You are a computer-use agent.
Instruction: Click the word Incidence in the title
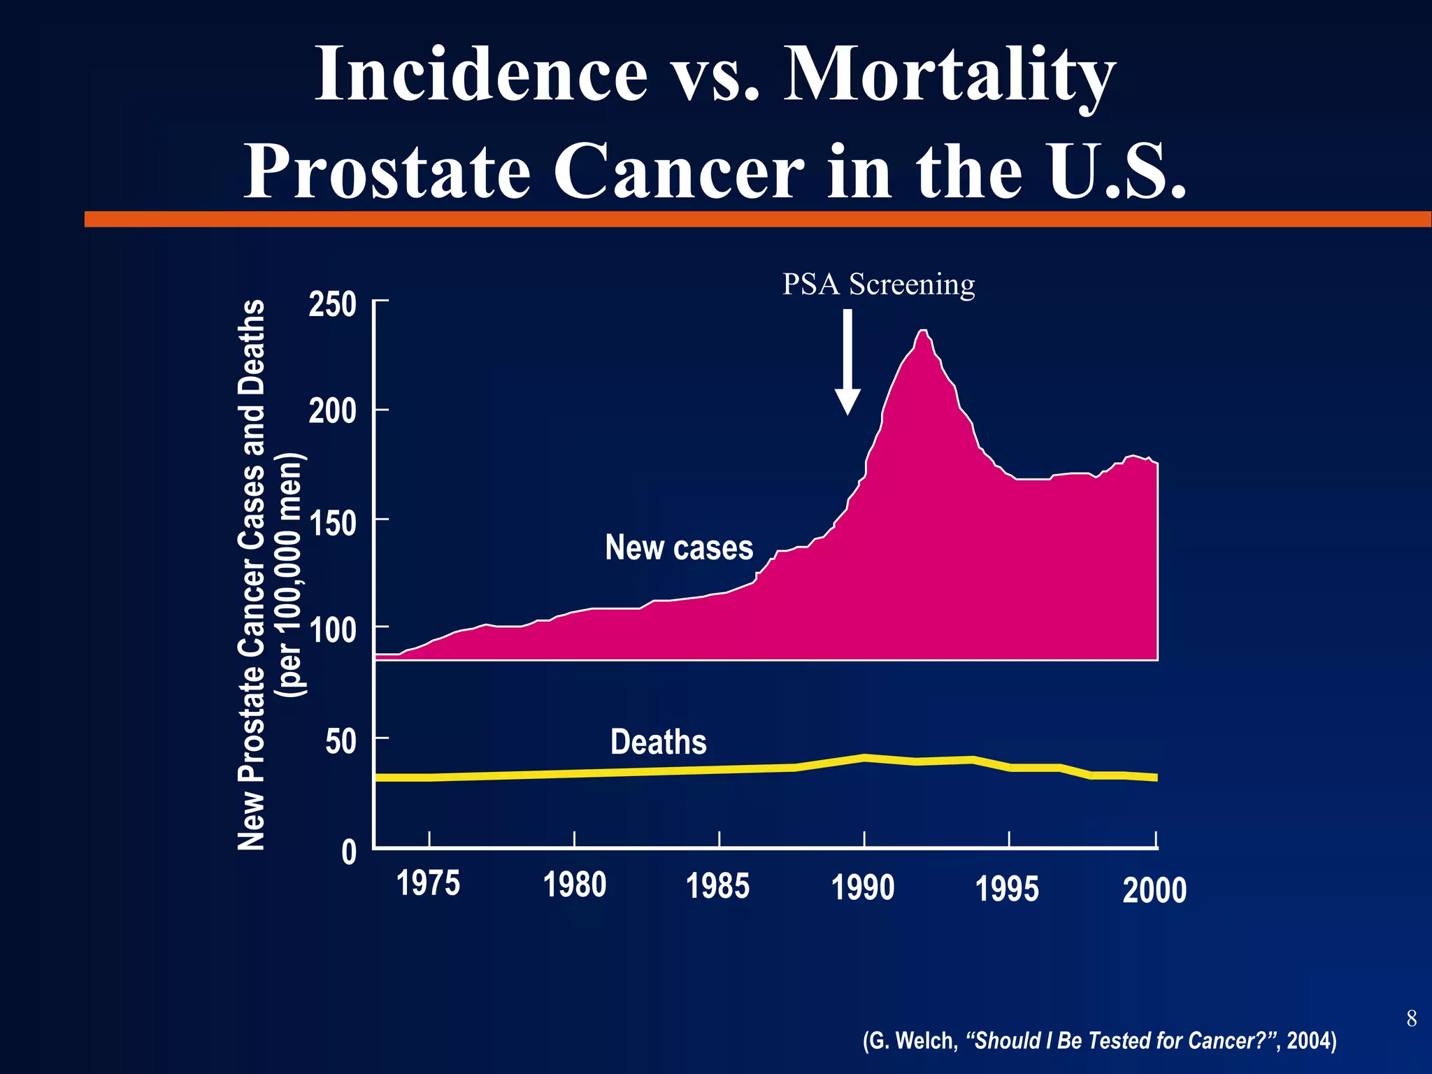(x=482, y=74)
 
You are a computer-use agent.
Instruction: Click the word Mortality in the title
(x=949, y=74)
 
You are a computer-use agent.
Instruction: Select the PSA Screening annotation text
(x=878, y=284)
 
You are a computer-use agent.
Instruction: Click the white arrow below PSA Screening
(x=847, y=364)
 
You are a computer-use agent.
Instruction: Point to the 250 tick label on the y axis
(x=333, y=305)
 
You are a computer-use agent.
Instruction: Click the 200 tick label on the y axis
(x=333, y=411)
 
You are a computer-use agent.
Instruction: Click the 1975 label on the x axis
(x=428, y=883)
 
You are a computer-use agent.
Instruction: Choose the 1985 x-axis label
(x=717, y=886)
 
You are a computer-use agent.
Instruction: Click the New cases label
(x=679, y=547)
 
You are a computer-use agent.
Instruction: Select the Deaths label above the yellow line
(x=658, y=742)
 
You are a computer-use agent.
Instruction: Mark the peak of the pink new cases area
(x=923, y=331)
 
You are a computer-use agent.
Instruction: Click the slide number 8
(x=1411, y=1019)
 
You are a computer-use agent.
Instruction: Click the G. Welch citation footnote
(x=1099, y=1040)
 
